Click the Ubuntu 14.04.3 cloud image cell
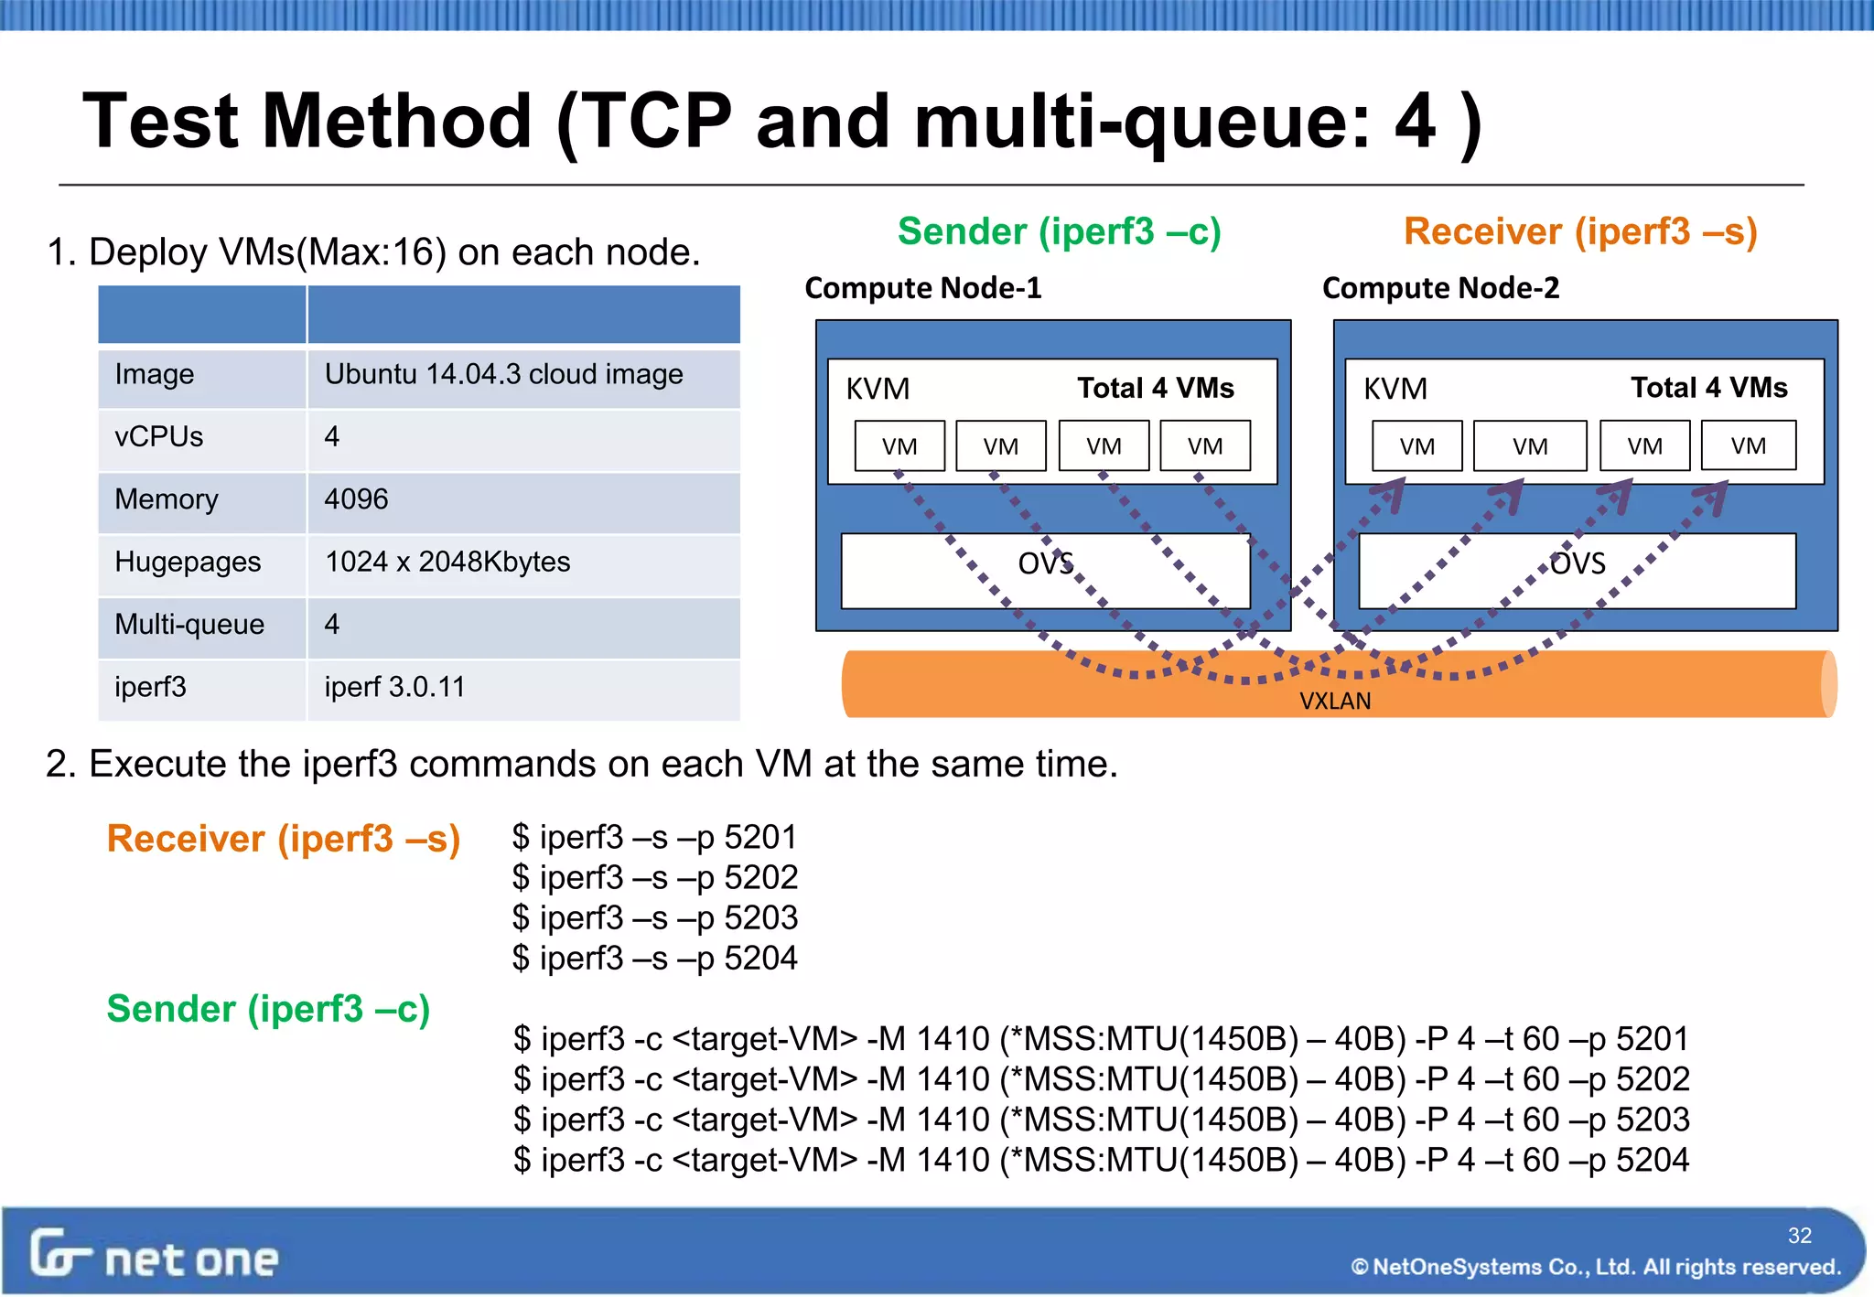(503, 375)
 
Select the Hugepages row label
(188, 562)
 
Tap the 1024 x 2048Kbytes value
(447, 562)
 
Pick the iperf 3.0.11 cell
(394, 687)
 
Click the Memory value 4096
(356, 499)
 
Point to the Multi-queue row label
(189, 625)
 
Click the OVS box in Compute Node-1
(1045, 570)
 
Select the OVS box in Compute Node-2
(1577, 570)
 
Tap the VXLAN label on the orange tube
(1335, 702)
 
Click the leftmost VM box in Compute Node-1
(899, 446)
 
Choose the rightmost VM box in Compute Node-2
(1748, 445)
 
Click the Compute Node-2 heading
(1440, 288)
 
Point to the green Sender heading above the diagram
(1059, 231)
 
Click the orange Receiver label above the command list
(283, 839)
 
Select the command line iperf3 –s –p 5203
(655, 917)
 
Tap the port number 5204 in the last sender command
(1653, 1160)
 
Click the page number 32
(1799, 1236)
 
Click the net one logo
(154, 1256)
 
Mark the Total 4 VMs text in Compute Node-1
(1155, 388)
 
